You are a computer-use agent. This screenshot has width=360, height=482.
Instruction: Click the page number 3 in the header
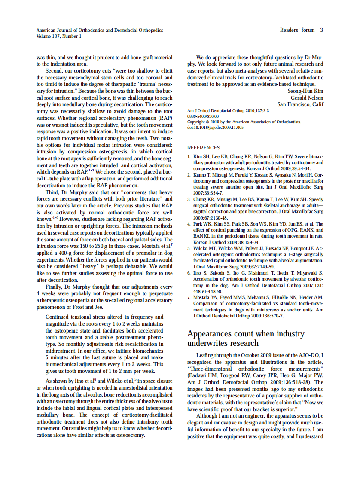(321, 30)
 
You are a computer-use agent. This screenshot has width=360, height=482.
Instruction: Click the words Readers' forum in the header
(297, 30)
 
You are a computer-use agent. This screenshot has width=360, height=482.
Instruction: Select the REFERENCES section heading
(204, 147)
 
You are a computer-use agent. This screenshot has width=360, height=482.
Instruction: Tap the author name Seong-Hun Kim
(305, 91)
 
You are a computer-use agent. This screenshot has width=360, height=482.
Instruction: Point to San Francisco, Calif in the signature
(300, 104)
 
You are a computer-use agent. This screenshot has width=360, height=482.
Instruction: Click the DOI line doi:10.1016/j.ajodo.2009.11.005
(215, 128)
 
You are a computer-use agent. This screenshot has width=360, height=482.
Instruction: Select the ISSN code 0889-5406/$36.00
(203, 116)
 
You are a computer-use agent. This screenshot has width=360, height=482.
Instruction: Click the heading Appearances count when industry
(246, 334)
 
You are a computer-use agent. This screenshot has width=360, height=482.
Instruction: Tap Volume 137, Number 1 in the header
(59, 36)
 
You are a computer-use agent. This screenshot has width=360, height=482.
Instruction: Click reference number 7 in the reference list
(189, 297)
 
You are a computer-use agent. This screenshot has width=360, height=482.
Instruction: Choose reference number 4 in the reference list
(189, 224)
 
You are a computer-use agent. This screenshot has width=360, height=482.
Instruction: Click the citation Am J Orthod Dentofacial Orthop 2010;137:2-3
(228, 111)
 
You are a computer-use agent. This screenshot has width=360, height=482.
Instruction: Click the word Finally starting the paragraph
(54, 287)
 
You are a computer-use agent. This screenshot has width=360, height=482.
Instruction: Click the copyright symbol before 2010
(207, 122)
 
